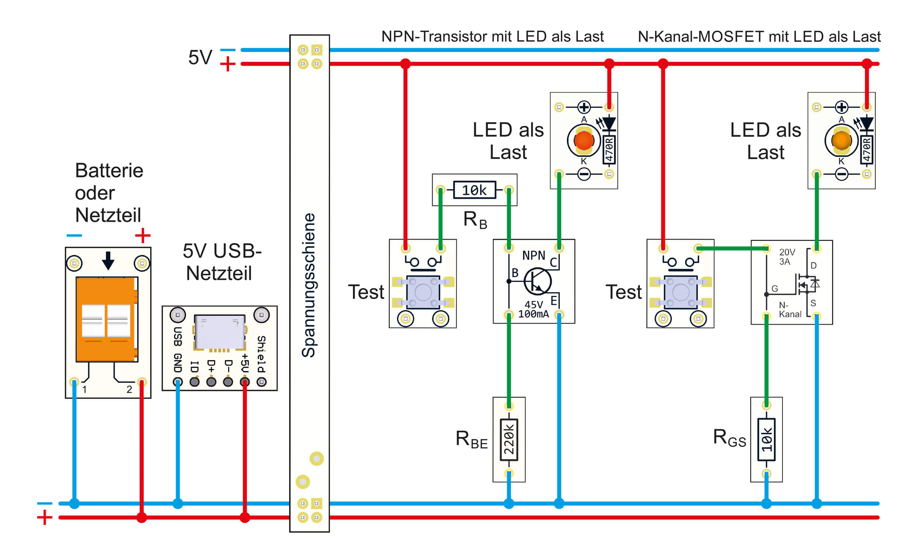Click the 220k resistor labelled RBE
pos(509,440)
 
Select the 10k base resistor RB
pos(475,190)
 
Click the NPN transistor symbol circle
pos(537,281)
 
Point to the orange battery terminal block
pos(107,319)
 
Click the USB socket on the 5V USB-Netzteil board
pos(220,332)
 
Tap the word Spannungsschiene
pos(309,285)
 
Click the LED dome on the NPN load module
pos(584,141)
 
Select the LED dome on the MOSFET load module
pos(841,141)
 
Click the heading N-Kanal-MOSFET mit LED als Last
pos(759,37)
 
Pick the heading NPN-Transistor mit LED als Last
pos(492,37)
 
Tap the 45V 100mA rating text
pos(534,309)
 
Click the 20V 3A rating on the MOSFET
pos(787,257)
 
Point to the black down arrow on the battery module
pos(108,260)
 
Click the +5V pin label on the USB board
pos(245,363)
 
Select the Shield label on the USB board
pos(261,354)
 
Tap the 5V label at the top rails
pos(200,57)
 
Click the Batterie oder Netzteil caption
pos(108,193)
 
